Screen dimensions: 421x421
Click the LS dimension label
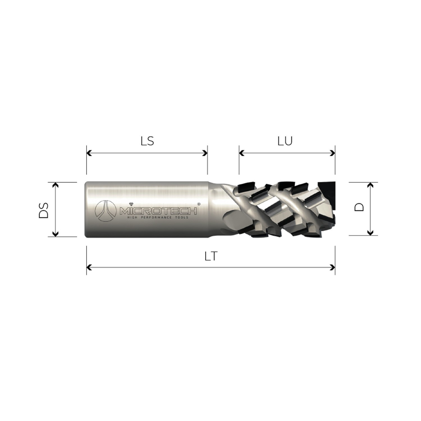(147, 141)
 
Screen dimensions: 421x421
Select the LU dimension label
(285, 141)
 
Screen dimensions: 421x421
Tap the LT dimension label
(211, 256)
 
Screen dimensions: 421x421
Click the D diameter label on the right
(359, 207)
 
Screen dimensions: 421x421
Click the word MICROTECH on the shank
(158, 210)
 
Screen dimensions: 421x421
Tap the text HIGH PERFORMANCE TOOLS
(158, 218)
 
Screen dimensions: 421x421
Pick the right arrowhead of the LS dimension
(205, 153)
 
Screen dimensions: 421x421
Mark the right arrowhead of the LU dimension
(333, 153)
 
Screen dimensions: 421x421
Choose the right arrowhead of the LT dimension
(333, 267)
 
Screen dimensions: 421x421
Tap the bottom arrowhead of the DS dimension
(56, 234)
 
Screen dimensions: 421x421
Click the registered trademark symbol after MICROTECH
(199, 204)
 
